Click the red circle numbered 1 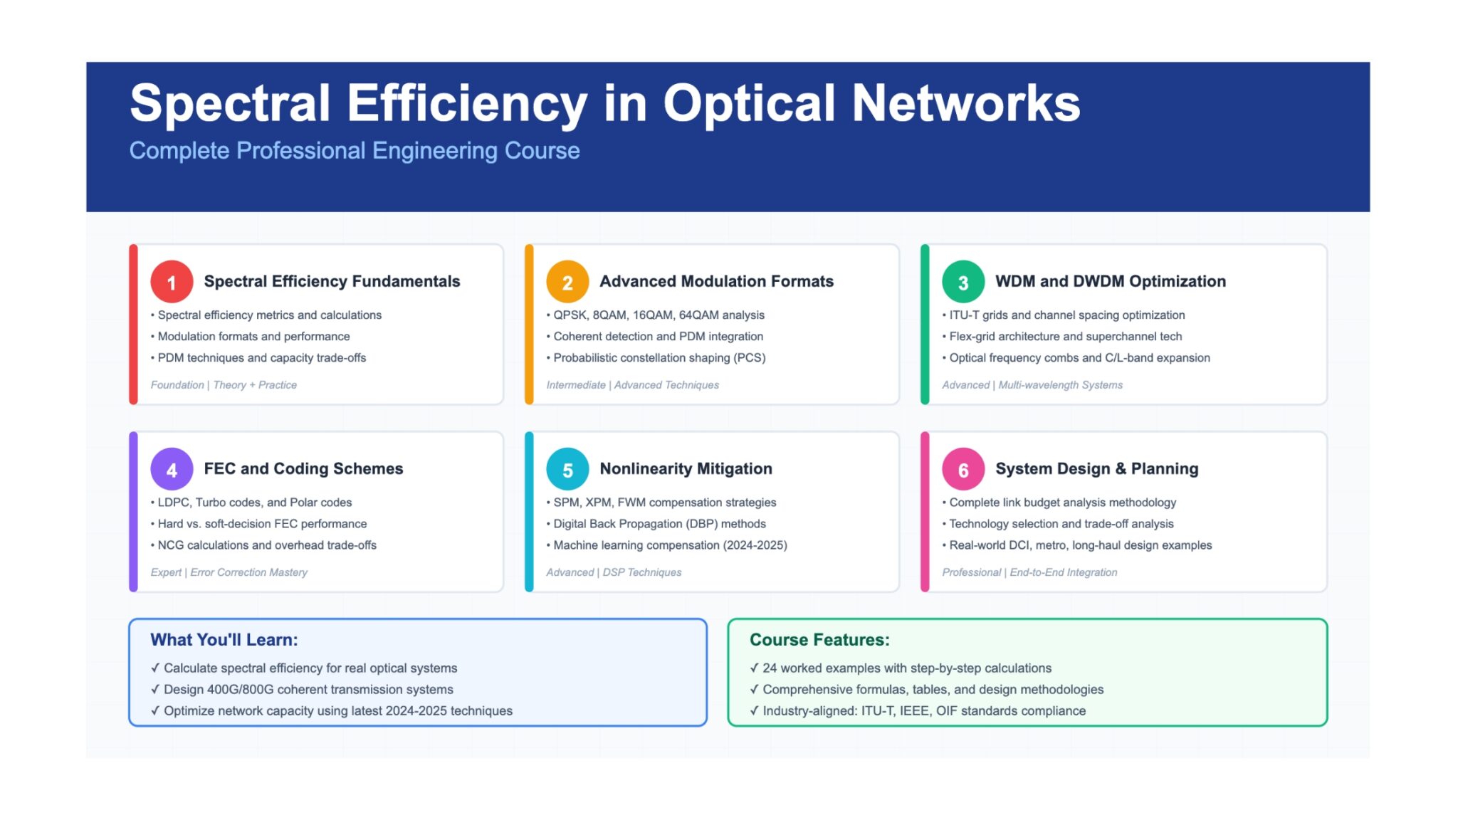[172, 282]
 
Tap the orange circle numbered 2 [567, 282]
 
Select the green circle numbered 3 [963, 282]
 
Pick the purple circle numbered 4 [172, 469]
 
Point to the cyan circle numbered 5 [567, 469]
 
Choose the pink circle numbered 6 [963, 469]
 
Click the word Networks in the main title [966, 103]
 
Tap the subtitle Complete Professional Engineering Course [355, 151]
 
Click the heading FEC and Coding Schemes [303, 468]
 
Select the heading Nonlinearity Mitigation [686, 468]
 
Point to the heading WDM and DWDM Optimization [1111, 281]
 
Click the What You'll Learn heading [224, 640]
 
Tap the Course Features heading [819, 640]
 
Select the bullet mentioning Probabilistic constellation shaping [656, 358]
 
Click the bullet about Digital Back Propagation [656, 524]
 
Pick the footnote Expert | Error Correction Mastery [229, 572]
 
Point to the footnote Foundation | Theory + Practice [224, 385]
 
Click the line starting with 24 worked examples [901, 668]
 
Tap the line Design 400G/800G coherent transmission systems [302, 690]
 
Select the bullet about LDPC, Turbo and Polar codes [251, 503]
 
